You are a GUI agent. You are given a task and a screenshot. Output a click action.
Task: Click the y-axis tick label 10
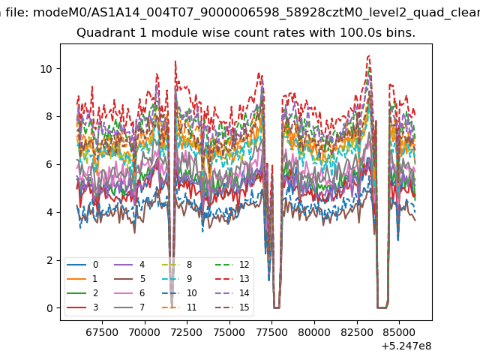(x=46, y=69)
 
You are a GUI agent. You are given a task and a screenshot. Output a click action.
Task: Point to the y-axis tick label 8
(x=49, y=117)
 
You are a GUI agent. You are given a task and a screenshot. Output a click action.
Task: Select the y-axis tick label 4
(x=49, y=212)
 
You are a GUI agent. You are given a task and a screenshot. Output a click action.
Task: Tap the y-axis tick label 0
(x=49, y=308)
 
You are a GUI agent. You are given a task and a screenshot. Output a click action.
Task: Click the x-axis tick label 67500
(x=102, y=332)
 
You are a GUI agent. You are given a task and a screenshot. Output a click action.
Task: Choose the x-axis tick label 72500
(x=187, y=332)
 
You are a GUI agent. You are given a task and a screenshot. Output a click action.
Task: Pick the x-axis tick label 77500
(x=271, y=332)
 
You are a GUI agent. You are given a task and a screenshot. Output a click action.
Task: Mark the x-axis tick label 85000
(x=399, y=332)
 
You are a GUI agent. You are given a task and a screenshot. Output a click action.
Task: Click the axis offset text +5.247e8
(x=406, y=346)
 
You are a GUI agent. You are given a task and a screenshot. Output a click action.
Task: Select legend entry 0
(x=82, y=265)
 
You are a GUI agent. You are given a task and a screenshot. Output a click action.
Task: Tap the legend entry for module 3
(x=82, y=307)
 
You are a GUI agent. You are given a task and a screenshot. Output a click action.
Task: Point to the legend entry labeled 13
(x=232, y=279)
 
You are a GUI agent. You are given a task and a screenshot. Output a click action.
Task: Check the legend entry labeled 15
(x=232, y=307)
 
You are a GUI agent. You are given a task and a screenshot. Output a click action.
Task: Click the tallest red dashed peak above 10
(x=369, y=55)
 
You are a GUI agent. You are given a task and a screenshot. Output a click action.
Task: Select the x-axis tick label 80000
(x=314, y=332)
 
